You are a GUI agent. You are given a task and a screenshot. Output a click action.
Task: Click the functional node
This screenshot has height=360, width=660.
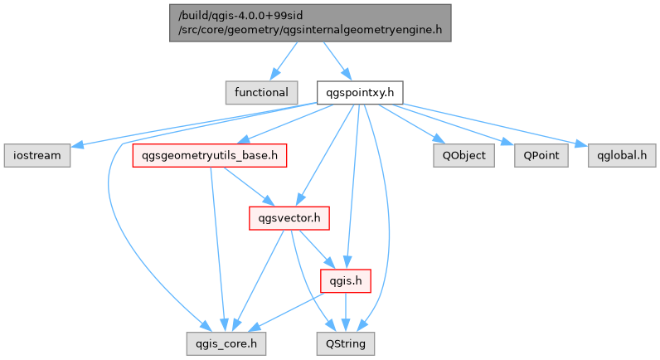click(x=260, y=92)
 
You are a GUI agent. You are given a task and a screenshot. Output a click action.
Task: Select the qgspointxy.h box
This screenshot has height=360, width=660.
click(x=360, y=92)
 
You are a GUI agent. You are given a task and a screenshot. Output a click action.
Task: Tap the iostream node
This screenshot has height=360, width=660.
click(x=36, y=155)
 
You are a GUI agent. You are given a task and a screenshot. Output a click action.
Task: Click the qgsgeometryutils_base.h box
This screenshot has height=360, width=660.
click(x=210, y=155)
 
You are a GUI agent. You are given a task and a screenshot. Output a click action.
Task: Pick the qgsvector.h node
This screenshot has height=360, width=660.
click(x=289, y=218)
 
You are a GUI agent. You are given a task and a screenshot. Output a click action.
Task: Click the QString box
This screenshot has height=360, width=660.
click(x=345, y=343)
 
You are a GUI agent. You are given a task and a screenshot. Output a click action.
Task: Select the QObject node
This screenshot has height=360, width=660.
click(x=463, y=155)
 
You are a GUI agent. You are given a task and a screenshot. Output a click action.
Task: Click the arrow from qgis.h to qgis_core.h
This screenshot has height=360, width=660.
click(x=282, y=312)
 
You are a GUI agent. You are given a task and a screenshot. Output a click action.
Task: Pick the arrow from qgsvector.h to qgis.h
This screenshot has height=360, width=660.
click(x=316, y=249)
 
